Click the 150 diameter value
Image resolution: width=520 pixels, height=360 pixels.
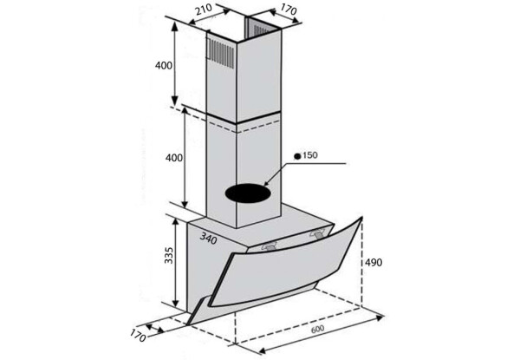click(311, 155)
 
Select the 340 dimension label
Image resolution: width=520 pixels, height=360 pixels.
click(207, 237)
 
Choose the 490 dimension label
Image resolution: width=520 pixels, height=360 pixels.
click(374, 263)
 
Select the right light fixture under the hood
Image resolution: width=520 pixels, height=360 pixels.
click(317, 232)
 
